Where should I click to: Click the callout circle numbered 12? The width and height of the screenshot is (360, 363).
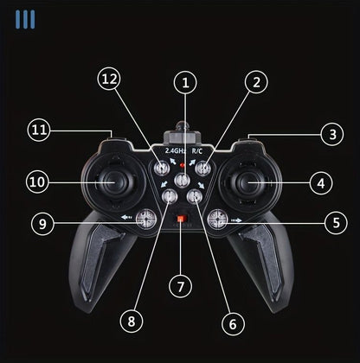point(109,79)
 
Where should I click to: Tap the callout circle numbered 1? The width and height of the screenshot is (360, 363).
point(185,82)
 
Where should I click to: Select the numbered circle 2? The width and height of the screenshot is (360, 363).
point(256,82)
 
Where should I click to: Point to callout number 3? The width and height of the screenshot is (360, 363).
point(332,134)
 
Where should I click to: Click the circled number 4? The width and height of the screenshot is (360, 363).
point(321,183)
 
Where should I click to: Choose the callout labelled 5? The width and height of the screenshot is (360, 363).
point(336,223)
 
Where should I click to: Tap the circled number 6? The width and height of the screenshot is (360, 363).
point(233,323)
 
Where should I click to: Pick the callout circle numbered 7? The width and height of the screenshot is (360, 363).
point(181,286)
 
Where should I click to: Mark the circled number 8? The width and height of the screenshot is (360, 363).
point(132,322)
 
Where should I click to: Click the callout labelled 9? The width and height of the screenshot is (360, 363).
point(42,223)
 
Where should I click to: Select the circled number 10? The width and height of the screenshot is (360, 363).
point(37,182)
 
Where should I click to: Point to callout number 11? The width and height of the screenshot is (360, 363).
point(39,130)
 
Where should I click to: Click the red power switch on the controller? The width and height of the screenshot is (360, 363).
point(181,219)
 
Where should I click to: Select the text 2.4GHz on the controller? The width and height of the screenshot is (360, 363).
point(176,150)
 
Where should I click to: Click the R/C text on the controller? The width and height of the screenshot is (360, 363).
point(197,150)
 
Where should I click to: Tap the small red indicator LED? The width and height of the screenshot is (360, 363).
point(182,165)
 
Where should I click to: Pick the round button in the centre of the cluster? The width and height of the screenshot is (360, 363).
point(182,181)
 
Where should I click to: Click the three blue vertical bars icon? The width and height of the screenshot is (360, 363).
point(25,19)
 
